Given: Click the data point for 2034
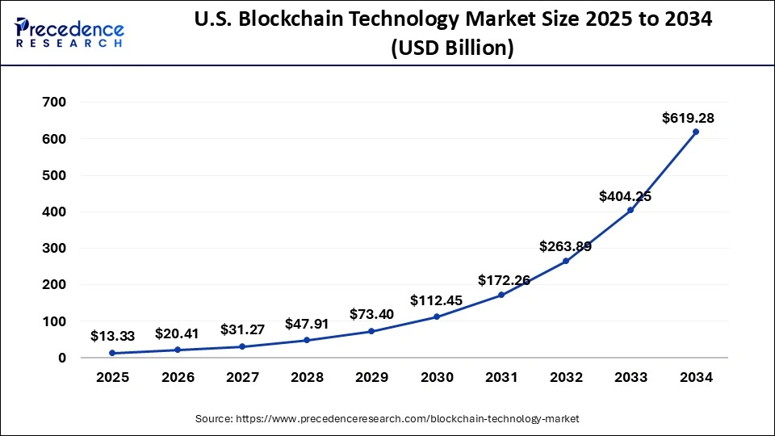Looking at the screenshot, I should pos(696,132).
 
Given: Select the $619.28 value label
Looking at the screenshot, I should pos(688,118).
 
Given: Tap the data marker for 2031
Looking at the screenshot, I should pos(501,295).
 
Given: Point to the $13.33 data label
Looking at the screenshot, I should pos(112,335).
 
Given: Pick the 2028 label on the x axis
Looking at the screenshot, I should pos(307,377).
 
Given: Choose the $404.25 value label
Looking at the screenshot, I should pos(625,196).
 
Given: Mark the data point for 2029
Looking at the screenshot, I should pos(371,331).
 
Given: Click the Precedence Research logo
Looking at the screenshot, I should pos(69,32).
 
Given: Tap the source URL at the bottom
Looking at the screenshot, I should pos(387,418).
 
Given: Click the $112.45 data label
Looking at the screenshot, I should pos(436,300).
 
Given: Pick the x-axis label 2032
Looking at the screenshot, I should pos(566,377).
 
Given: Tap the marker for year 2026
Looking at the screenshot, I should pos(177,350).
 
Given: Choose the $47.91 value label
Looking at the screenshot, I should pos(307,324).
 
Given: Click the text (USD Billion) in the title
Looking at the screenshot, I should pos(451,48).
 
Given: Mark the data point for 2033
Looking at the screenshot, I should pos(630,210).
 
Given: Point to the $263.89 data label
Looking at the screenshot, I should pos(565,247).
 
